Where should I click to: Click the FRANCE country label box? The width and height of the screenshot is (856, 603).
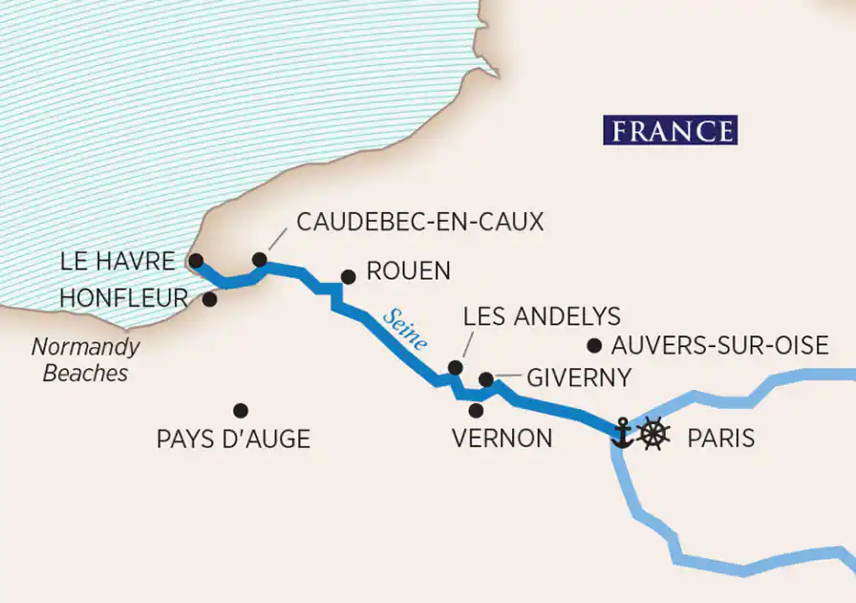[x=670, y=130]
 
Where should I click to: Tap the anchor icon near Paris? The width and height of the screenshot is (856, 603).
[x=622, y=433]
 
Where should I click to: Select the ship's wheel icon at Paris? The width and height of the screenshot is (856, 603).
[x=653, y=433]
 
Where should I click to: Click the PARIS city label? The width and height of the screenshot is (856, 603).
[x=720, y=439]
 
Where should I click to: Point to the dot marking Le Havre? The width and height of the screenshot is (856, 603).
[x=196, y=260]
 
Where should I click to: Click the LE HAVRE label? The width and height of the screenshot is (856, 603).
[x=117, y=261]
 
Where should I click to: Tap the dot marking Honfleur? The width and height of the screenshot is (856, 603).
[x=209, y=299]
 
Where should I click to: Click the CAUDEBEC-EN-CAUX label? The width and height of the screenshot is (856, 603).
[x=419, y=222]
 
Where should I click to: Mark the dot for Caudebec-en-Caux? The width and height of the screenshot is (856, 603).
[x=259, y=259]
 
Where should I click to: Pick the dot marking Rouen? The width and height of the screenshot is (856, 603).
[x=349, y=277]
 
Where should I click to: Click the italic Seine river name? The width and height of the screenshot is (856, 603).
[x=404, y=329]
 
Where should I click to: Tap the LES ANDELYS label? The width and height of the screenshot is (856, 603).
[x=541, y=316]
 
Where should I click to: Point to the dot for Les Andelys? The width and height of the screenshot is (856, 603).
[x=456, y=367]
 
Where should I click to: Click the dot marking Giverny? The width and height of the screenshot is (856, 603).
[x=485, y=379]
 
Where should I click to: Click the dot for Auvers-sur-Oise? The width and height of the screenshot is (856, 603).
[x=594, y=345]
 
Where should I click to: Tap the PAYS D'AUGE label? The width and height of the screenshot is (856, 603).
[x=233, y=440]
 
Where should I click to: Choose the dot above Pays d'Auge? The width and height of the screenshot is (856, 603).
[x=241, y=410]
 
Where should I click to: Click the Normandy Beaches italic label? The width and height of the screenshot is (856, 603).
[x=84, y=359]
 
